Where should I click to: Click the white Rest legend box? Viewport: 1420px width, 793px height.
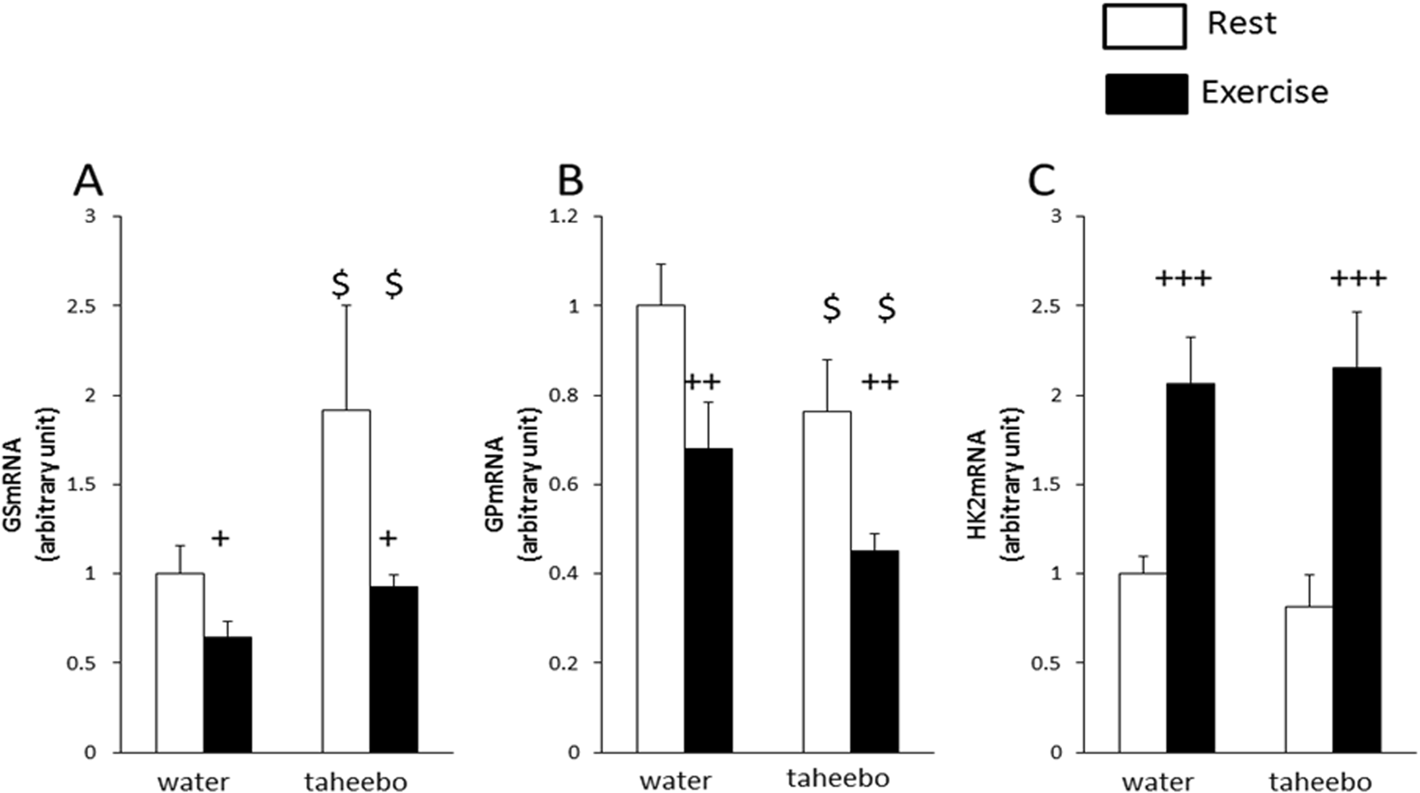tap(1144, 26)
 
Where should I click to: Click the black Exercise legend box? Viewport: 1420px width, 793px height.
tap(1145, 93)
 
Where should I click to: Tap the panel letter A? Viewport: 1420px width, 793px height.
tap(89, 182)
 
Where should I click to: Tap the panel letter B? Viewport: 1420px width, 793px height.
tap(570, 182)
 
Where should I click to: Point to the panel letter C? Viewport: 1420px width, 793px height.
tap(1041, 182)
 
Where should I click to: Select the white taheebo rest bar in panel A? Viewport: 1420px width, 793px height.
tap(346, 581)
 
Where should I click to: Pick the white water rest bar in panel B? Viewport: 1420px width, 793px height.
tap(661, 529)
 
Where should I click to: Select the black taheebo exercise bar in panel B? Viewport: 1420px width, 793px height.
tap(874, 651)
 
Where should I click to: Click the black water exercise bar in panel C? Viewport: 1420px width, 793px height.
tap(1190, 568)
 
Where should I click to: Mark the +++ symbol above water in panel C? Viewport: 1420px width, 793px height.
tap(1183, 279)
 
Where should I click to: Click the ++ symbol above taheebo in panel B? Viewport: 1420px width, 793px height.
tap(880, 381)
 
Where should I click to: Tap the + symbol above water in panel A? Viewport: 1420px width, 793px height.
tap(220, 539)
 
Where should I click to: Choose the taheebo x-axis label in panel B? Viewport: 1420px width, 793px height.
tap(837, 778)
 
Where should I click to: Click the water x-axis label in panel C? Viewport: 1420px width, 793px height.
tap(1158, 781)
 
